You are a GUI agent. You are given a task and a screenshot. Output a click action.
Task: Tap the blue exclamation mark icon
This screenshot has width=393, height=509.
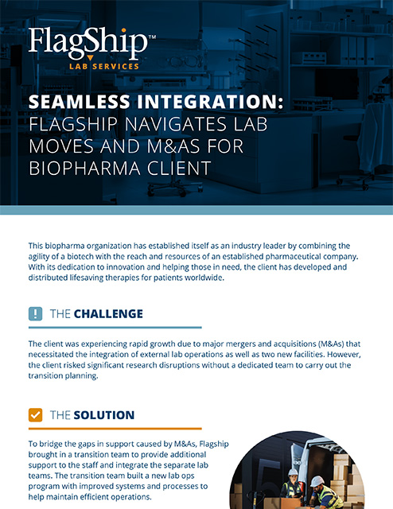[x=35, y=313]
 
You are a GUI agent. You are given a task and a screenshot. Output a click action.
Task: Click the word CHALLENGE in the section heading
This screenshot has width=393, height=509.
[x=108, y=313]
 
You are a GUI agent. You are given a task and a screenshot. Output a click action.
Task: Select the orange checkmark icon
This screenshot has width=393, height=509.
[x=35, y=415]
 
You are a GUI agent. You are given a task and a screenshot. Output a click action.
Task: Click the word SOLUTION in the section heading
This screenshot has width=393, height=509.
[x=104, y=415]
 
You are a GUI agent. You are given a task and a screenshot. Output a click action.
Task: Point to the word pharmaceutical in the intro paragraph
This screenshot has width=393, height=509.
[x=270, y=257]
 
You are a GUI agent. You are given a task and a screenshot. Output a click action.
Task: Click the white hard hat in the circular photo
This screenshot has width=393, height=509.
[x=317, y=480]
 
